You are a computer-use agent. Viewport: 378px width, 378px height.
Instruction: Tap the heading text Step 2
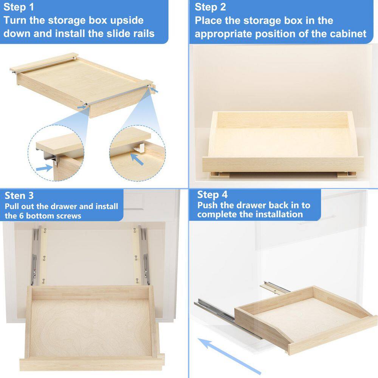click(x=210, y=7)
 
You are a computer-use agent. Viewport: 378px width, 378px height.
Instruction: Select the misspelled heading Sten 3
click(x=19, y=195)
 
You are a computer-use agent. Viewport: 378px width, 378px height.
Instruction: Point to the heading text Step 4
click(x=212, y=195)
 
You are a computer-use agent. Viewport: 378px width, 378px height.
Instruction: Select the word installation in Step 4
click(x=279, y=214)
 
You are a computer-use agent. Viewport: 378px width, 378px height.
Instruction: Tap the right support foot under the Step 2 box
click(x=347, y=174)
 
